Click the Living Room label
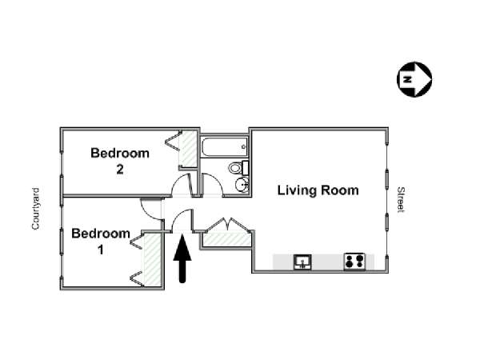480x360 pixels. click(318, 190)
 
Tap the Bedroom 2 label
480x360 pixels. click(120, 161)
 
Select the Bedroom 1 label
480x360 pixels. click(101, 242)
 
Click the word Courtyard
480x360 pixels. click(36, 209)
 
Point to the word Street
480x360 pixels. click(401, 199)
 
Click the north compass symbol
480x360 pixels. click(414, 79)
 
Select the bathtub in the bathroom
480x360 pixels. click(225, 147)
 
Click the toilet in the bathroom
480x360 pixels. click(238, 168)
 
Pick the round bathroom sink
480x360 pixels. click(242, 185)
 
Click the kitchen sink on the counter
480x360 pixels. click(302, 262)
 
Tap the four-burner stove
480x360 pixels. click(354, 262)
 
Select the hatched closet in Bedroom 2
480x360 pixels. click(188, 149)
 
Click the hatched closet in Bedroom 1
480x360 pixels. click(153, 260)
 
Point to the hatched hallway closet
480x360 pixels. click(226, 239)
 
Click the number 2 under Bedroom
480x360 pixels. click(120, 170)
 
